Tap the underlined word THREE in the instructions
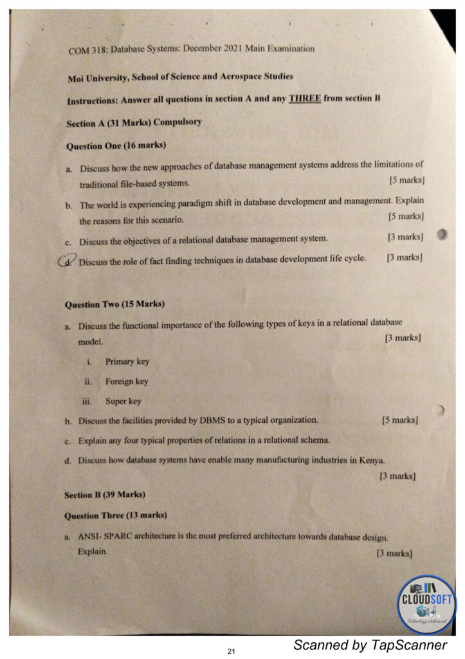point(305,98)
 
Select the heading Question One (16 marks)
point(111,146)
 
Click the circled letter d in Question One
point(66,261)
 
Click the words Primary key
point(127,362)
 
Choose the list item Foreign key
point(127,382)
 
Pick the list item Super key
point(123,402)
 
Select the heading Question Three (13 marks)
point(116,515)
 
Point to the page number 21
point(232,652)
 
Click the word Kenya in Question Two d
point(371,460)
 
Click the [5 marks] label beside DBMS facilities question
point(399,420)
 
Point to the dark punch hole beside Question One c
point(442,235)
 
